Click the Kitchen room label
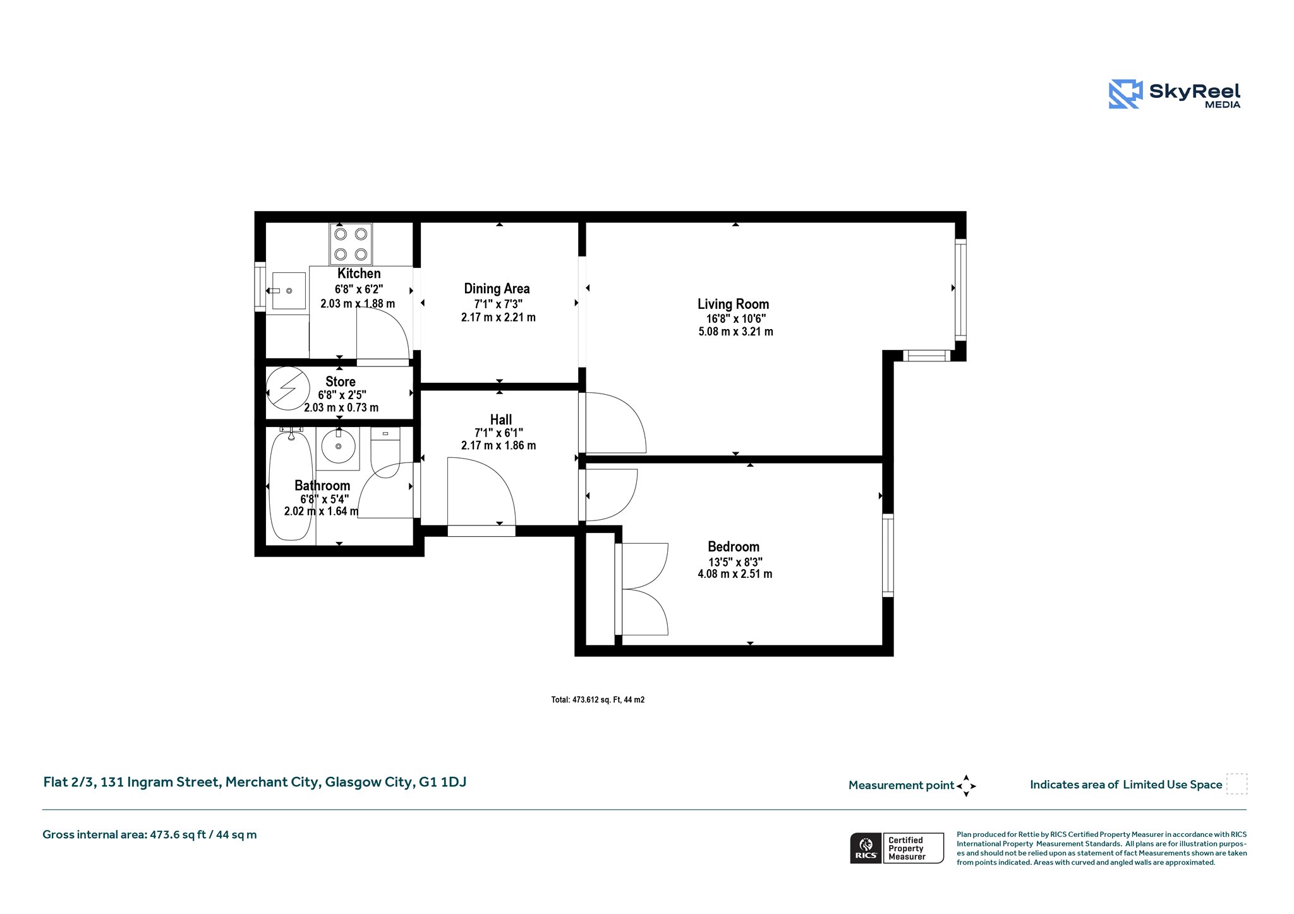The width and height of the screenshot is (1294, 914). coord(359,274)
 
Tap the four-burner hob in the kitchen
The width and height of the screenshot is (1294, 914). coord(351,244)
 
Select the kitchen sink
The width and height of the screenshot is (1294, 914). coord(288,291)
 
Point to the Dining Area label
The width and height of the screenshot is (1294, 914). coord(497,289)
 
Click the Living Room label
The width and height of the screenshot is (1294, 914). coord(733,304)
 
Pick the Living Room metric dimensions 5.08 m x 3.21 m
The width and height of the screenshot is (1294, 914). coord(735,332)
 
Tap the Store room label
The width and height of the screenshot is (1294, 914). coord(341,382)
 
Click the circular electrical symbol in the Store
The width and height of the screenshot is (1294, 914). coord(288,388)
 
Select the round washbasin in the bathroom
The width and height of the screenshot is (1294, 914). coord(339,446)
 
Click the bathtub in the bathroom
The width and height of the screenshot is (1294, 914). coord(291,484)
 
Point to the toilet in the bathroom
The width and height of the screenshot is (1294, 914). coord(385,452)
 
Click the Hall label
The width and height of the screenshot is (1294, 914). coord(501,419)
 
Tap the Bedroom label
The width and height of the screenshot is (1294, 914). coord(734,547)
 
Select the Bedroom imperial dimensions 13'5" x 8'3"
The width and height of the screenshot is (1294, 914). coord(735,562)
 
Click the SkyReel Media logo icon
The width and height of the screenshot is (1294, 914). coord(1125,94)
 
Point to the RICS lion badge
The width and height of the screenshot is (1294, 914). coord(866,848)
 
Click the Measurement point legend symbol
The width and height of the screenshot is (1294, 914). coord(966,786)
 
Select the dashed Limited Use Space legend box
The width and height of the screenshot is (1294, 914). coord(1237,784)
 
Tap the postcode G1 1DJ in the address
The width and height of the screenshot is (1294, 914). coord(443,782)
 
